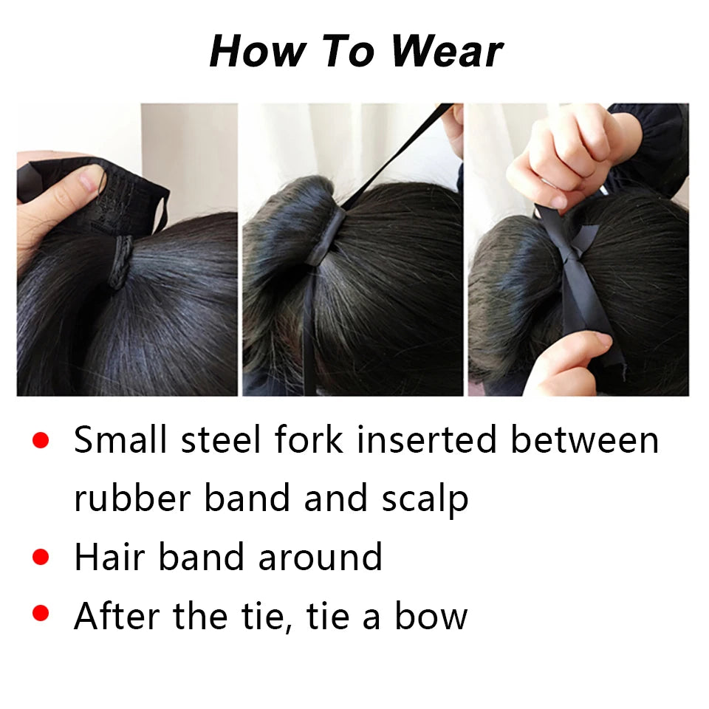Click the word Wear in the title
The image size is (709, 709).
tap(447, 51)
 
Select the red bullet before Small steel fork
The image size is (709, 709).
tap(41, 440)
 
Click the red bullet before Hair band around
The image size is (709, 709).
tap(41, 557)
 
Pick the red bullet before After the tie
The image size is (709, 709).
tap(41, 614)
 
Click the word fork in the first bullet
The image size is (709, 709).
tap(309, 439)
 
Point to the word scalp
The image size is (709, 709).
tap(425, 499)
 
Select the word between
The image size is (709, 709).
tap(585, 439)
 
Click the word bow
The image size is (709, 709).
tap(431, 615)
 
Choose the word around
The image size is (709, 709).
tap(321, 557)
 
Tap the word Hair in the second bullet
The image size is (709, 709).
tap(109, 557)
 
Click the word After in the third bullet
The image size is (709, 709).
tap(117, 615)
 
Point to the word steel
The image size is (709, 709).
tap(221, 439)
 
